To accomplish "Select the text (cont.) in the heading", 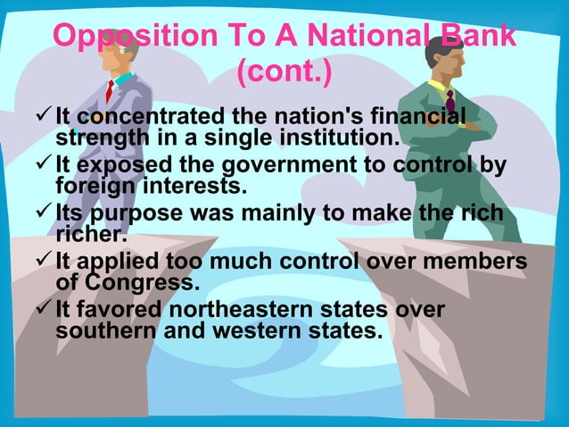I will tap(284, 75).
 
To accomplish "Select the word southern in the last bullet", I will tap(111, 331).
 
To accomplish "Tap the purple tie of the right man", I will tap(449, 100).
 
